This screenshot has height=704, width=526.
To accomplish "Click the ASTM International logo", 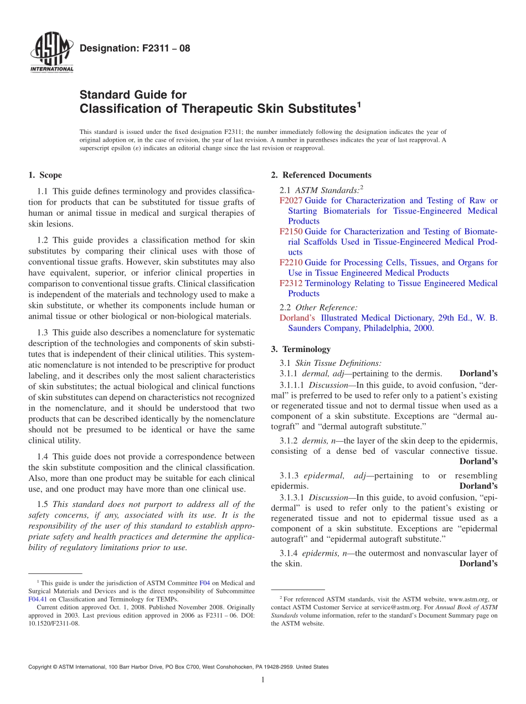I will point(51,53).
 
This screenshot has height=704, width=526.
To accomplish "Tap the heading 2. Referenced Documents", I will point(321,175).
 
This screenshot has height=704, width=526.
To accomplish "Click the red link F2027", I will point(291,200).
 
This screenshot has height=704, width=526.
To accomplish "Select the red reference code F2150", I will point(291,231).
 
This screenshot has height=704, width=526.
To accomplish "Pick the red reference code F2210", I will point(291,262).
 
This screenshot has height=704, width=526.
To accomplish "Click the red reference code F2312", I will point(291,283).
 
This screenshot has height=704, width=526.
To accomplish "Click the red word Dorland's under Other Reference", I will point(297,318).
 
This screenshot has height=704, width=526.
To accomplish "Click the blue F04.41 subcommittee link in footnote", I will point(37,599).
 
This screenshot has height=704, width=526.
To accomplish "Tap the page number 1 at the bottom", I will point(263,680).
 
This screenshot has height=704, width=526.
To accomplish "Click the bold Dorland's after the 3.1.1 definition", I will point(478,374).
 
